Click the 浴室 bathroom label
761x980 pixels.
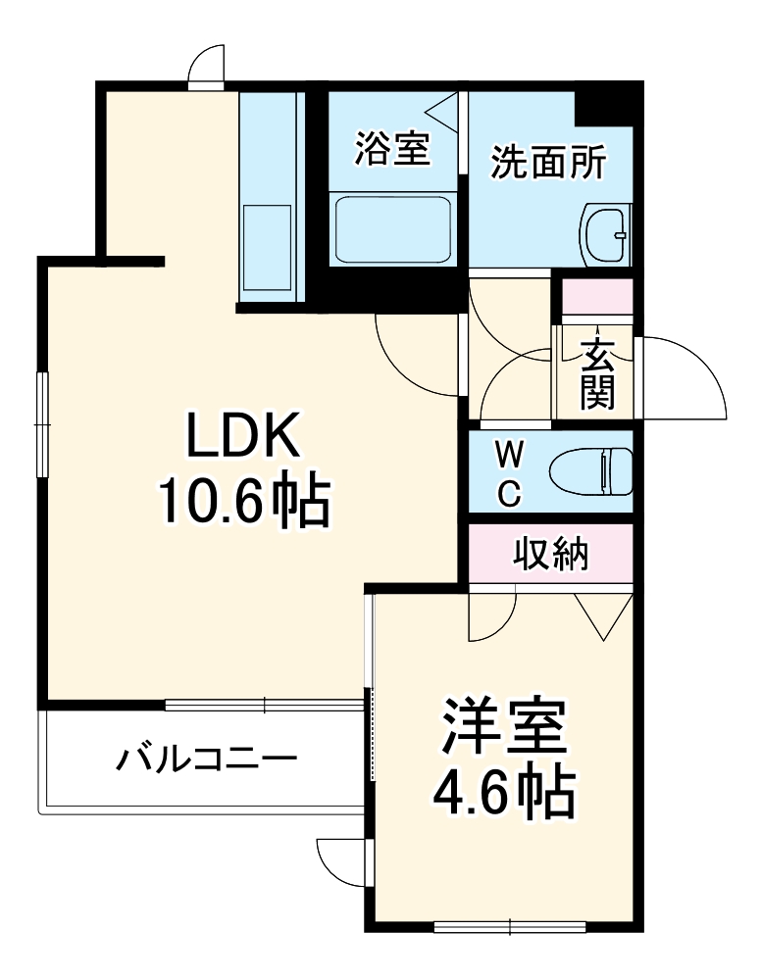[x=391, y=151]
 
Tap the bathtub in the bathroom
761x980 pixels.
[x=392, y=228]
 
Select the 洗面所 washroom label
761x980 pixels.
[x=548, y=162]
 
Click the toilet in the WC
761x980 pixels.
[x=591, y=473]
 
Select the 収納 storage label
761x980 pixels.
[x=550, y=554]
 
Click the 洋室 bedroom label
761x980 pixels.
[x=503, y=726]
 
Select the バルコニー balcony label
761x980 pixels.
[x=207, y=759]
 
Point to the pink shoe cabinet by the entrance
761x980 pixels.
[x=597, y=295]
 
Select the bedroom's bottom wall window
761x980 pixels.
[x=510, y=924]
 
